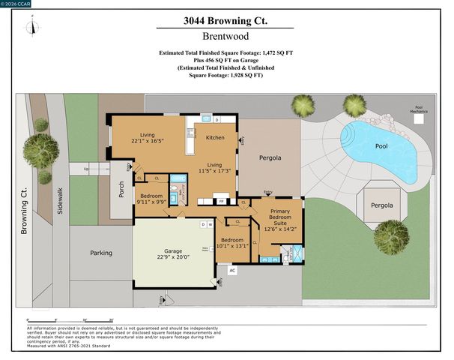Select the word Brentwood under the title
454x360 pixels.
click(x=226, y=36)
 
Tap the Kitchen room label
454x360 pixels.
click(x=215, y=137)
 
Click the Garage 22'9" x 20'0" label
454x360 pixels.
click(x=175, y=253)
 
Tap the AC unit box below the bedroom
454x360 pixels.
click(x=231, y=270)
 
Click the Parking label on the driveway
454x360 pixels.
click(x=101, y=253)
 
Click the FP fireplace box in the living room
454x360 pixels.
click(x=221, y=201)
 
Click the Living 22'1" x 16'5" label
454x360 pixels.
click(x=147, y=137)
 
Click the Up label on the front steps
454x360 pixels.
click(x=86, y=169)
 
